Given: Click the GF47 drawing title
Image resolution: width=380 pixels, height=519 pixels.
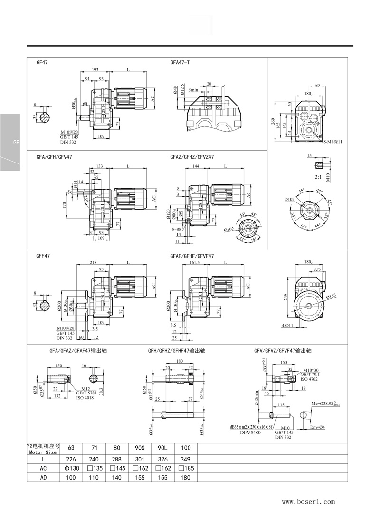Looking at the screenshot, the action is [42, 62].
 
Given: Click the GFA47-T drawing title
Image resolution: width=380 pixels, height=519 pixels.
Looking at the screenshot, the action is [180, 62].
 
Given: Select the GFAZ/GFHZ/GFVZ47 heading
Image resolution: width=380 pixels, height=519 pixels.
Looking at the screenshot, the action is [192, 156].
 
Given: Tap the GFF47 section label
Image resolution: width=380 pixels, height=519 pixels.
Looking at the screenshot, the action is [43, 255].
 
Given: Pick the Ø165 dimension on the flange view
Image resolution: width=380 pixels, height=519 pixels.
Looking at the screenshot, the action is [331, 296].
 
